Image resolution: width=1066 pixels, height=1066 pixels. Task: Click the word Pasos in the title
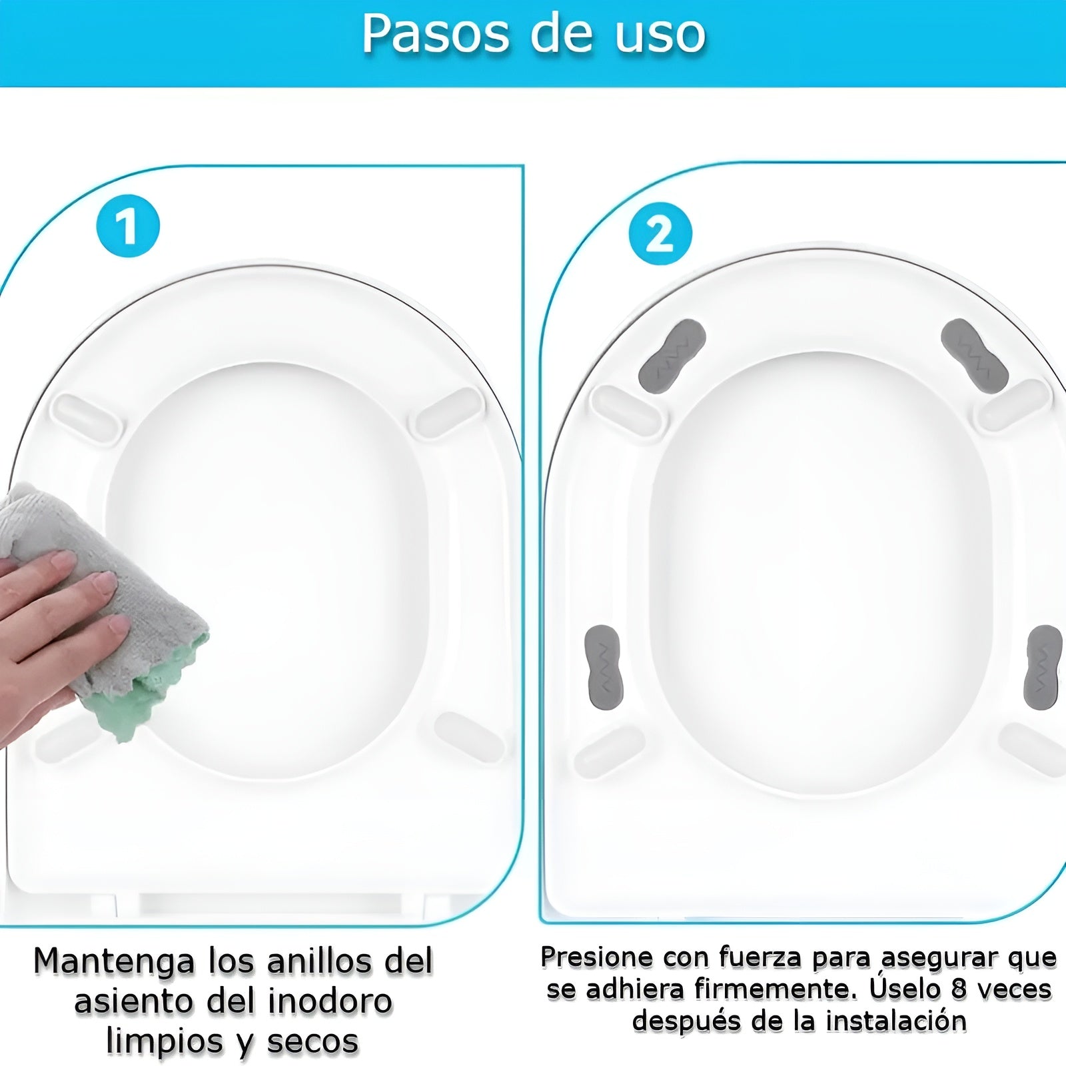[x=436, y=33]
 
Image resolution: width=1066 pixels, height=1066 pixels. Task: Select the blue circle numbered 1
[x=128, y=226]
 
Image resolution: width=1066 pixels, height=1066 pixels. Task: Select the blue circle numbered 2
[x=660, y=234]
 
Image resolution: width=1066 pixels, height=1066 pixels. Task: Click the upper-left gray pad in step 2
[x=672, y=356]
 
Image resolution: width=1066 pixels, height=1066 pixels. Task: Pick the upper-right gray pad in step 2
[x=973, y=356]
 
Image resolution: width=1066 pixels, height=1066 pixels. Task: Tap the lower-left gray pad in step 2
[x=602, y=668]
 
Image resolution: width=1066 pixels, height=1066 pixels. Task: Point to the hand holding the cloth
[x=53, y=626]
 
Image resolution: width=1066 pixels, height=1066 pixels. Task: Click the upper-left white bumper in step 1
[x=87, y=416]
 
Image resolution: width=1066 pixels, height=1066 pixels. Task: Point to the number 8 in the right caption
[x=959, y=989]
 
